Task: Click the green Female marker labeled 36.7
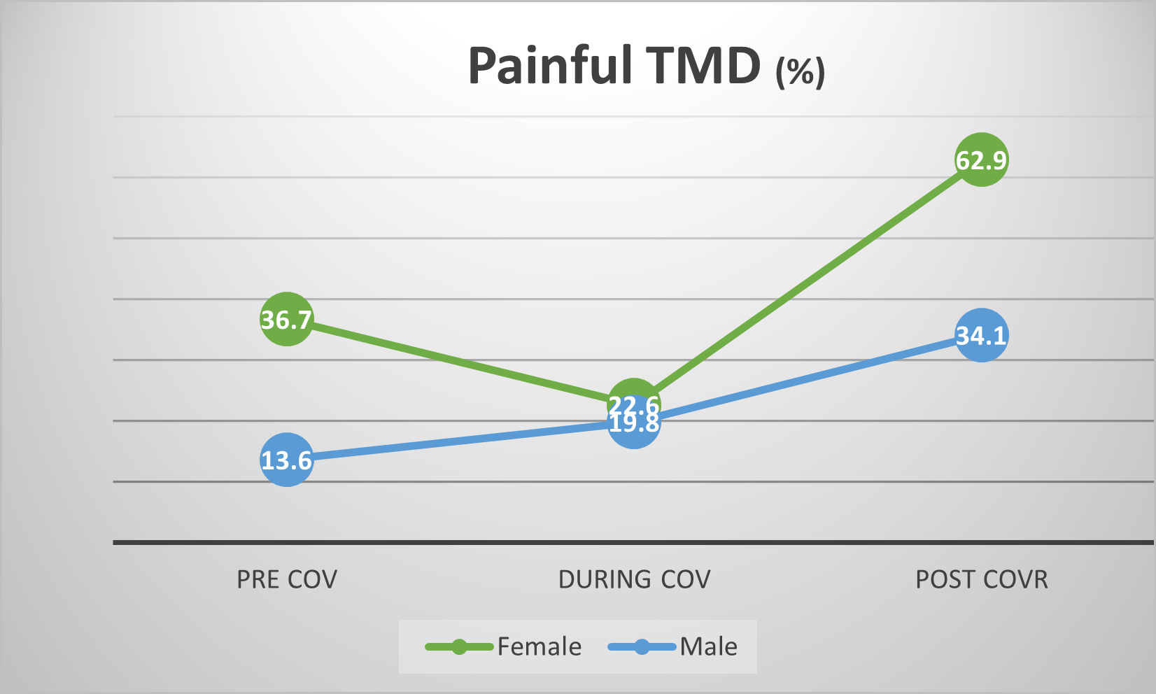[x=286, y=319]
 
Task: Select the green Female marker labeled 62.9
[x=981, y=160]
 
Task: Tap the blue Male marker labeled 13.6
[x=286, y=460]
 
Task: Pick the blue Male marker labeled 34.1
[x=981, y=336]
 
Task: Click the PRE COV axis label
[x=287, y=579]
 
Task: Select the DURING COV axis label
[x=634, y=579]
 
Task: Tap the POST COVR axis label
[x=982, y=579]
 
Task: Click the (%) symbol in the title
[x=801, y=71]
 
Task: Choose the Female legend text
[x=540, y=646]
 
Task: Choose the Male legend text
[x=709, y=646]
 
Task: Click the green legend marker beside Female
[x=459, y=647]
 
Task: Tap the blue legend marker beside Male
[x=642, y=647]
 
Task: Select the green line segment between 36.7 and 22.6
[x=460, y=362]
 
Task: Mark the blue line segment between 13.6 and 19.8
[x=460, y=441]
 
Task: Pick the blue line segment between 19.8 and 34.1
[x=808, y=379]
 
